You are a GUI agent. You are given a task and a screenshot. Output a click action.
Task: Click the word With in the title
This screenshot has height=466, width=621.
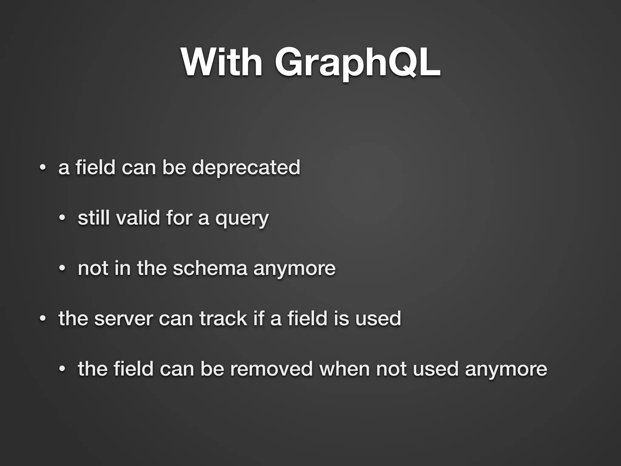click(x=222, y=62)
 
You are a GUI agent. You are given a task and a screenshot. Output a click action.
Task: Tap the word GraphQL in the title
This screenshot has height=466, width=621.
click(x=357, y=62)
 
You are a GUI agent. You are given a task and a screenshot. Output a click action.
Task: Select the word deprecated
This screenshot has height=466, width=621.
click(x=246, y=167)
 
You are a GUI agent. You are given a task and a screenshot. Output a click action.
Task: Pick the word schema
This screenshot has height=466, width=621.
click(x=210, y=268)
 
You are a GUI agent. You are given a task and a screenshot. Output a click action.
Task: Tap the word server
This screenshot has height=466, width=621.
click(x=124, y=319)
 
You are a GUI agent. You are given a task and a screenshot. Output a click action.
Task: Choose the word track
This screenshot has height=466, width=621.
click(x=223, y=319)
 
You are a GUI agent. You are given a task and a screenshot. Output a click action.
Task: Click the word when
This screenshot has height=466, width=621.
click(x=344, y=369)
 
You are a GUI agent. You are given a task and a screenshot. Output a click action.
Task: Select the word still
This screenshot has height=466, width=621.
click(x=93, y=218)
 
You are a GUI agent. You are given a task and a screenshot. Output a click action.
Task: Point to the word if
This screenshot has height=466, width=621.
click(x=259, y=319)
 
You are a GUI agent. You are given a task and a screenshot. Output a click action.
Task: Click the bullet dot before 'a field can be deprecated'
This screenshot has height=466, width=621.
click(x=43, y=168)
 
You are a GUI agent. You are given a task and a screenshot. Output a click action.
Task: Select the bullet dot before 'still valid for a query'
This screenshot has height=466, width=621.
click(x=62, y=218)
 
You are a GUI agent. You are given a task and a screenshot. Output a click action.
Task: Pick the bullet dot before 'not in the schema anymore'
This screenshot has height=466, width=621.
click(x=62, y=268)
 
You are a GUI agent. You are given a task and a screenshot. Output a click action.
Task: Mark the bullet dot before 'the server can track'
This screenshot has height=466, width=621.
click(x=43, y=319)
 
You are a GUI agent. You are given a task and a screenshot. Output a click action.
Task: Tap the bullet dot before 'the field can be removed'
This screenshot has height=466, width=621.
click(x=62, y=369)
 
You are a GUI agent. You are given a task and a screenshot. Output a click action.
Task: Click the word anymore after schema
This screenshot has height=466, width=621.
click(x=294, y=269)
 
